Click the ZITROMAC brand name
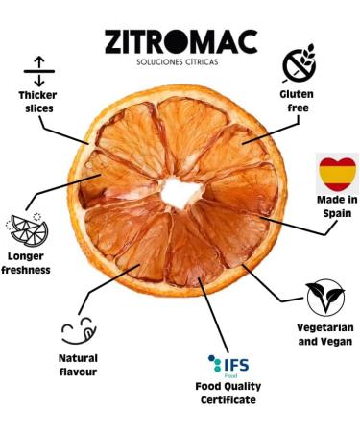[x=181, y=43]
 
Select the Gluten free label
[x=297, y=102]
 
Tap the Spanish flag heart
[x=337, y=175]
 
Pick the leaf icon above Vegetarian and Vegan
[x=322, y=298]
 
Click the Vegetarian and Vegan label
[x=324, y=334]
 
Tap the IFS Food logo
[x=228, y=364]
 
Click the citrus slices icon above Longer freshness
[x=28, y=229]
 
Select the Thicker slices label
[x=36, y=102]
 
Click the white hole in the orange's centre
[x=178, y=191]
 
